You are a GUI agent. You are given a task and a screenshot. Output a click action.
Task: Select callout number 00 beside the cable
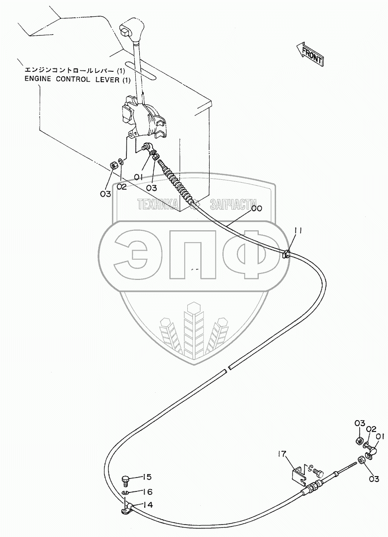pos(256,209)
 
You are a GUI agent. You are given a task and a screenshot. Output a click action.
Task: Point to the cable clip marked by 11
pos(286,255)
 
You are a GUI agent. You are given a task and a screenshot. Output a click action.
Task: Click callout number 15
pos(147,477)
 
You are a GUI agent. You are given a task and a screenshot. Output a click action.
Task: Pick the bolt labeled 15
pos(126,481)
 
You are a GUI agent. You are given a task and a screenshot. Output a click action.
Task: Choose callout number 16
pos(148,492)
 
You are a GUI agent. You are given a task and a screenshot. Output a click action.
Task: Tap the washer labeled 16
pos(125,493)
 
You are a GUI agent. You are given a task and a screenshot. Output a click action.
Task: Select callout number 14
pos(148,505)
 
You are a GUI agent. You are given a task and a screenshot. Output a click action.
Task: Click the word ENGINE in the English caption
pos(39,80)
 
